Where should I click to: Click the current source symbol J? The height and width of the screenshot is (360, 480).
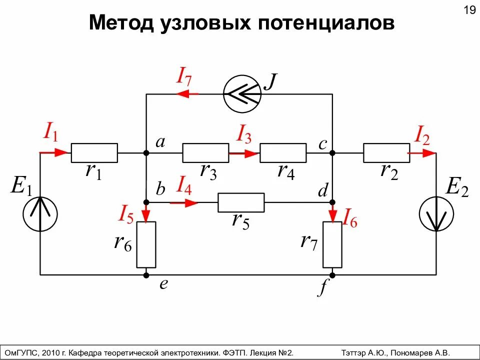[242, 93]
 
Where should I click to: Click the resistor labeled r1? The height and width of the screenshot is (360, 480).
[94, 152]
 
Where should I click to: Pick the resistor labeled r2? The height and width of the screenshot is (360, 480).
[386, 152]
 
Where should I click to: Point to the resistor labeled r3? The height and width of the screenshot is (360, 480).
[205, 152]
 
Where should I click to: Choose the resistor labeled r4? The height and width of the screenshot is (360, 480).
[283, 152]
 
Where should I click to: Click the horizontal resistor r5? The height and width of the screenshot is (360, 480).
[241, 202]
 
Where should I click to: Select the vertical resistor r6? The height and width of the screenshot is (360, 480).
[146, 244]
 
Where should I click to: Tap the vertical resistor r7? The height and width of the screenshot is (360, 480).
[332, 244]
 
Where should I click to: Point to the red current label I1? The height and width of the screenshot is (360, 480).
[50, 132]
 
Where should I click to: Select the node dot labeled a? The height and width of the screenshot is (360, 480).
[146, 152]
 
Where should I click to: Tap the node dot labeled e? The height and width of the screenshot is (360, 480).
[146, 274]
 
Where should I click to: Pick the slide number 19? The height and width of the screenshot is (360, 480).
[469, 10]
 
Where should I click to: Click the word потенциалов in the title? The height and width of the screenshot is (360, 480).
[326, 23]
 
